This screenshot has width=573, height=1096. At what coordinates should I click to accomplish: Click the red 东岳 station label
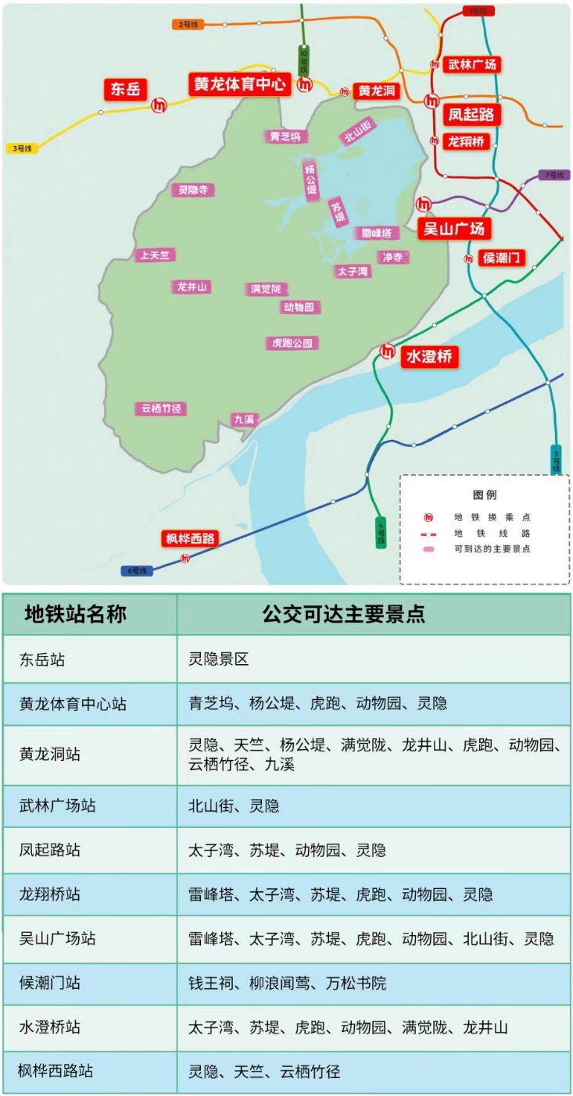tap(125, 89)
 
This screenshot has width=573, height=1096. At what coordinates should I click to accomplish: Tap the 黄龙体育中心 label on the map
tap(238, 84)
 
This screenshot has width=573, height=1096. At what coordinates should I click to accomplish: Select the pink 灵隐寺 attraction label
tap(192, 190)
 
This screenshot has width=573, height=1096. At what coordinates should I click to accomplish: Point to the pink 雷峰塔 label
tap(376, 233)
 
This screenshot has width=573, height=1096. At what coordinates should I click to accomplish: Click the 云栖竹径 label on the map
tap(161, 409)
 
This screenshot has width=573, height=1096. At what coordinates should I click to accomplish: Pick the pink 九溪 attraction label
tap(244, 419)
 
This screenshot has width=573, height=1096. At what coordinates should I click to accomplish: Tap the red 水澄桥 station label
tap(429, 357)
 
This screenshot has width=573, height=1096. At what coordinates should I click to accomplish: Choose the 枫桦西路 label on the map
tap(190, 538)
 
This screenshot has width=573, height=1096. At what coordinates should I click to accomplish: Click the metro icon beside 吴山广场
tap(424, 204)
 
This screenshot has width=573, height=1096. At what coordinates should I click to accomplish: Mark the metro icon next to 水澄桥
tap(387, 352)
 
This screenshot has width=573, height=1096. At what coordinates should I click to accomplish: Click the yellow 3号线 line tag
tap(21, 148)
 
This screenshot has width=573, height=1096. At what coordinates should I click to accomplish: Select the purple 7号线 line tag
tap(553, 175)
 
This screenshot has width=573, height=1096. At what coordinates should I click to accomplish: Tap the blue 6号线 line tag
tap(138, 571)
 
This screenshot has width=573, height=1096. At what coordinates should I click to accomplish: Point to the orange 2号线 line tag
tap(188, 24)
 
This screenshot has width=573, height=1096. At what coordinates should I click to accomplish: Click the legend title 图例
tap(485, 495)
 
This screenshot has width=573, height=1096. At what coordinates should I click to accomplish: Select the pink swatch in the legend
tap(428, 549)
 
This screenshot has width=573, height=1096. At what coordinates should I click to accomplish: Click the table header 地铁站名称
tap(75, 614)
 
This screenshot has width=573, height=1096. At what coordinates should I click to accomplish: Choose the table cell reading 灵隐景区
tap(218, 659)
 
